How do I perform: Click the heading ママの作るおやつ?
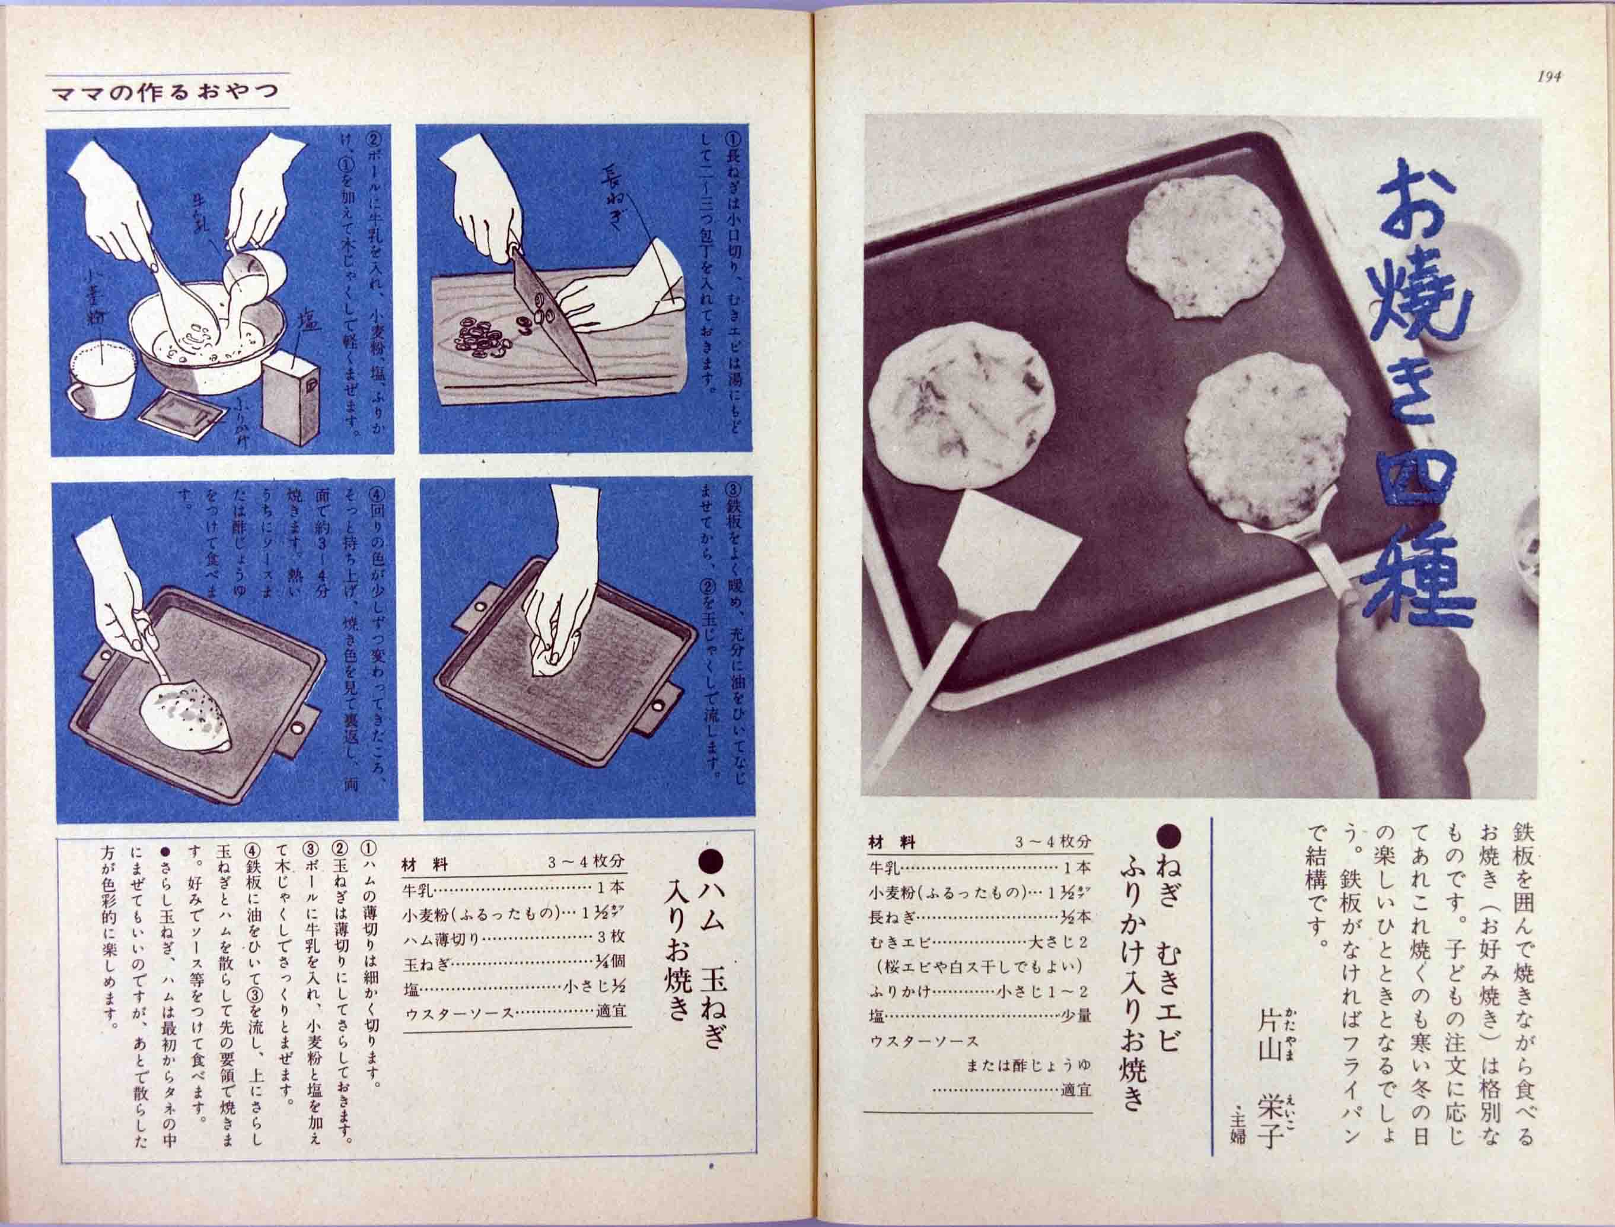click(x=167, y=94)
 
